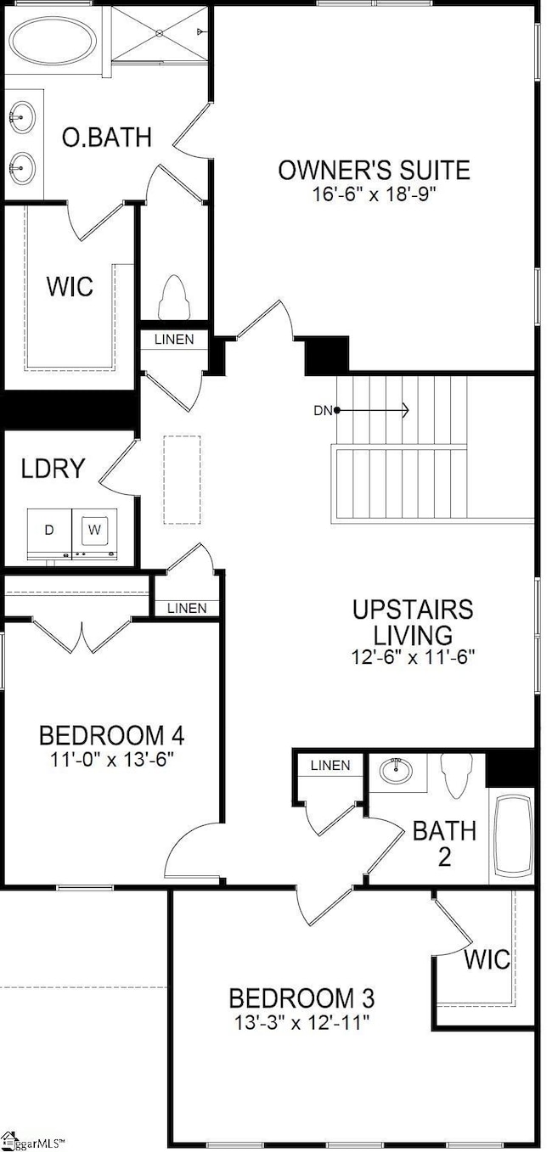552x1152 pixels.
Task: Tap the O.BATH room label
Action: [x=107, y=138]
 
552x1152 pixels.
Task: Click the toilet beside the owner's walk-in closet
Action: [x=174, y=297]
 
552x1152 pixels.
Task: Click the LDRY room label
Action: [x=53, y=469]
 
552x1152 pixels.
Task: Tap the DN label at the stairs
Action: [x=323, y=410]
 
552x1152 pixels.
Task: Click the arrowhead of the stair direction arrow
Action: [x=405, y=410]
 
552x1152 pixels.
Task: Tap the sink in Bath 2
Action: [x=396, y=770]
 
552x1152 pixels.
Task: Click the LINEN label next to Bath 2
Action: [x=330, y=765]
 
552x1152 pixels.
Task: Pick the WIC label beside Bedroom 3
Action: [x=487, y=958]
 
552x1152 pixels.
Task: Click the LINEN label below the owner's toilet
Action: [x=174, y=340]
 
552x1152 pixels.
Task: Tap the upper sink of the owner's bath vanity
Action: [x=21, y=117]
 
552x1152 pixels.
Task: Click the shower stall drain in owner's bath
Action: [x=160, y=33]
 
